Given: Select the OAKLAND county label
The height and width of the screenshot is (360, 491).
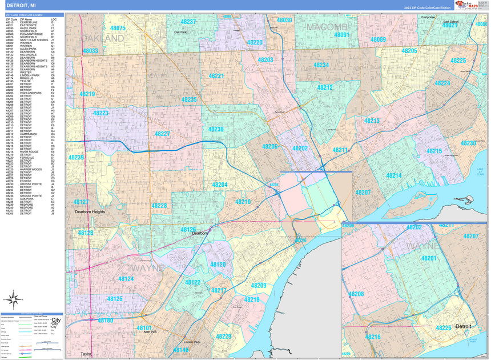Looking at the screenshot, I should (x=102, y=38).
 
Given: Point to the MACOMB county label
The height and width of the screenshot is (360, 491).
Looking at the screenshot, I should (x=327, y=27).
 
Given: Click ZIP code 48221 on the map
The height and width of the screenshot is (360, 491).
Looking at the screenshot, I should (x=216, y=75).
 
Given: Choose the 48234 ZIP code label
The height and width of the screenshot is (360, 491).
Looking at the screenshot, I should (x=321, y=65).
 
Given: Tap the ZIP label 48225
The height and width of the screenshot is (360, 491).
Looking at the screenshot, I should (x=458, y=61).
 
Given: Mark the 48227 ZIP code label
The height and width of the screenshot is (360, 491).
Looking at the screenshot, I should (x=162, y=134).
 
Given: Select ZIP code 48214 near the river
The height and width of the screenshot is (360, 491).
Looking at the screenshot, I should (x=393, y=175).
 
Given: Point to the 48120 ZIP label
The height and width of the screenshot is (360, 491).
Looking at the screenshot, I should (x=218, y=265).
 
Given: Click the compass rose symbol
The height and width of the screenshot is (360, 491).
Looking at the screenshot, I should (x=13, y=298).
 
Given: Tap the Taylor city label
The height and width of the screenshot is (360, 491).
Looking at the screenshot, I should (x=86, y=354).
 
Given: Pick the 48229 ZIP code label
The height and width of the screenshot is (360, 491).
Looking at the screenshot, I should (x=223, y=337).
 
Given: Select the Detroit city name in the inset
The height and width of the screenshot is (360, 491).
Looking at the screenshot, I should (x=463, y=326).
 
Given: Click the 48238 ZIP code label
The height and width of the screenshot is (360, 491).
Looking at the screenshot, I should (x=216, y=130).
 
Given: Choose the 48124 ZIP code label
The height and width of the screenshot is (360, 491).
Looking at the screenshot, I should (x=126, y=279).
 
